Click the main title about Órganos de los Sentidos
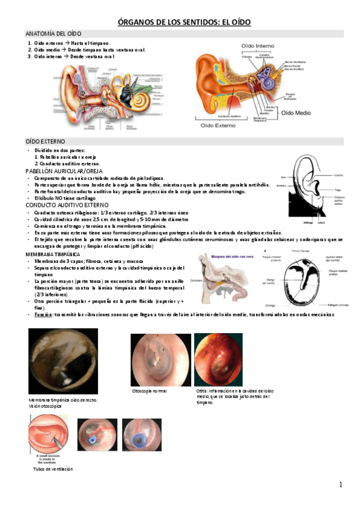180,22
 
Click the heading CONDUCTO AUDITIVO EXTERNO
66,206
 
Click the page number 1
340,485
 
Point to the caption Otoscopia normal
150,392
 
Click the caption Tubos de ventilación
53,468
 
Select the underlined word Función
43,315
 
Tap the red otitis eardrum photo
219,360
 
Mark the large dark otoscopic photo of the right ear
63,361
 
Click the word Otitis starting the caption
203,391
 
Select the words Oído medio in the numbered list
46,49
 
